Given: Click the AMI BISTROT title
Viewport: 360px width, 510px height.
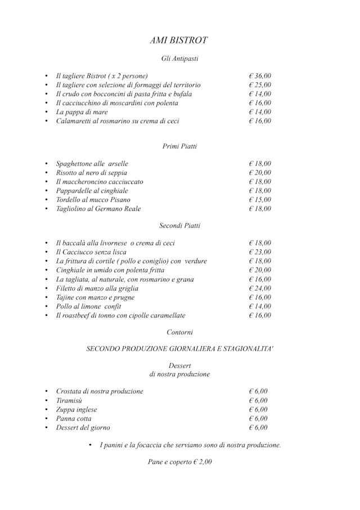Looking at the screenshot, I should pyautogui.click(x=179, y=41).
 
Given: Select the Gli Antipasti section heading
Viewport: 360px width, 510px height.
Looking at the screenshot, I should pyautogui.click(x=179, y=58).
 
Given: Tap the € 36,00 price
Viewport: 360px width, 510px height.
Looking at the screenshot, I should pyautogui.click(x=259, y=76).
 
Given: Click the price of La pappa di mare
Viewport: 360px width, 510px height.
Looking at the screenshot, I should pyautogui.click(x=259, y=112).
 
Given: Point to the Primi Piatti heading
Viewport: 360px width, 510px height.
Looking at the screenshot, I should pyautogui.click(x=179, y=146).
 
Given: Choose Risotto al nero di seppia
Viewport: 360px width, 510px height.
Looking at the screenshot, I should pyautogui.click(x=92, y=173).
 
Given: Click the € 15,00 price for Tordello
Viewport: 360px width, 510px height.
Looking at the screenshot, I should pyautogui.click(x=259, y=200).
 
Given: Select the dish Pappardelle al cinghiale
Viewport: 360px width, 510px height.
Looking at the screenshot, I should pyautogui.click(x=92, y=191).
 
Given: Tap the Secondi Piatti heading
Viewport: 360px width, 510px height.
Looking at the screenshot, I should pyautogui.click(x=179, y=226).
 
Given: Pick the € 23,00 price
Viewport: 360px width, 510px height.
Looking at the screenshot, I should pyautogui.click(x=259, y=252).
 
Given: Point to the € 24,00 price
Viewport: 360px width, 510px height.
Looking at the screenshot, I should pyautogui.click(x=259, y=288).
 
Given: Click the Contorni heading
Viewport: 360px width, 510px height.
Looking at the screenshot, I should pyautogui.click(x=179, y=333).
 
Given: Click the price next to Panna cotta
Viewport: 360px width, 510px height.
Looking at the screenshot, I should pyautogui.click(x=258, y=419).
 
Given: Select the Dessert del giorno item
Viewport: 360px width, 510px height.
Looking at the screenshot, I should pyautogui.click(x=83, y=428).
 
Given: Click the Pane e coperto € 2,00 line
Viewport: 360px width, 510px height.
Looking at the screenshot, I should pyautogui.click(x=179, y=462).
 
